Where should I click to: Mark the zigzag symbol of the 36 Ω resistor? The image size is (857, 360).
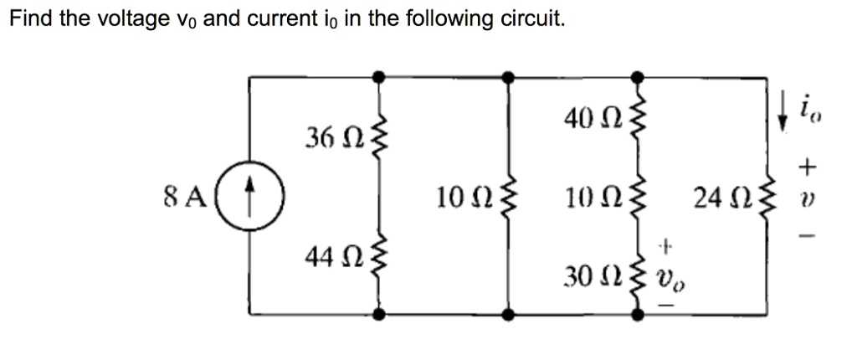379,136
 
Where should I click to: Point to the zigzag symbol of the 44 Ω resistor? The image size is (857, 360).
379,259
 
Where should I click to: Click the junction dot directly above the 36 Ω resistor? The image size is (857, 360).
379,76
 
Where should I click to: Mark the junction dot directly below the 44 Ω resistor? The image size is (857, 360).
379,315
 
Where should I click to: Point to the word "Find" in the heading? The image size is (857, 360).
29,18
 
